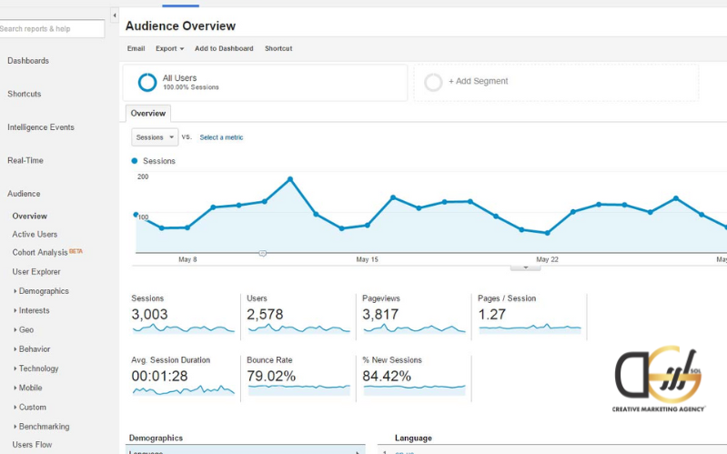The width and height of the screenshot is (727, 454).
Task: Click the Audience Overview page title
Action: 180,26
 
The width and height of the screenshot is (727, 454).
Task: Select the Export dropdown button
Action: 169,48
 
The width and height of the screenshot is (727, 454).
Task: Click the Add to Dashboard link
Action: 224,48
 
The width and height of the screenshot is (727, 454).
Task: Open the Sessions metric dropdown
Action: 155,137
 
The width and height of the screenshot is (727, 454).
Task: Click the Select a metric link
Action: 221,137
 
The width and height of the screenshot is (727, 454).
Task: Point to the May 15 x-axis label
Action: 367,259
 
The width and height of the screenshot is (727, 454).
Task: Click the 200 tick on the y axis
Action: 143,177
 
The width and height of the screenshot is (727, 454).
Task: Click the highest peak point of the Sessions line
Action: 290,178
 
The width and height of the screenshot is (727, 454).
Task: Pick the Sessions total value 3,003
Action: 149,315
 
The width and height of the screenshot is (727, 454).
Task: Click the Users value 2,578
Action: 265,315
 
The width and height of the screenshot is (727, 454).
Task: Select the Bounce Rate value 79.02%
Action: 271,376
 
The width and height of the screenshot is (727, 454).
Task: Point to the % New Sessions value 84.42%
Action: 387,376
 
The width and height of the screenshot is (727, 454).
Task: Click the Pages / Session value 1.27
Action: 493,315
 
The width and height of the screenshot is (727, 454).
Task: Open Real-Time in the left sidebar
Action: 25,161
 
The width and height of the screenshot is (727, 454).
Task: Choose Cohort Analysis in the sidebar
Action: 40,252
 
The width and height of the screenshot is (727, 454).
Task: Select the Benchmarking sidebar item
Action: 44,427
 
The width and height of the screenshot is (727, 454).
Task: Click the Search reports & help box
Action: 52,29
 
